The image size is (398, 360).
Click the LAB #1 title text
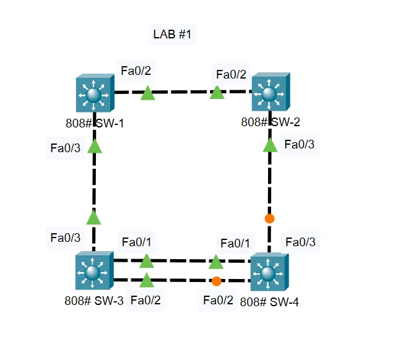click(x=175, y=35)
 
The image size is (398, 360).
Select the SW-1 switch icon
click(x=95, y=95)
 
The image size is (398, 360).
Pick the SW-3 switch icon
click(x=93, y=272)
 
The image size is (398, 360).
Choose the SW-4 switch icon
click(x=269, y=272)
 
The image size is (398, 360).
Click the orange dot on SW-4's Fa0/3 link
click(x=269, y=218)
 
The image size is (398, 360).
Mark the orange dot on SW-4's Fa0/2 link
click(x=216, y=281)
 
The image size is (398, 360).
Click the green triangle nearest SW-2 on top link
click(x=217, y=93)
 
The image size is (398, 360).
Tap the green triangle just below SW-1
click(x=94, y=146)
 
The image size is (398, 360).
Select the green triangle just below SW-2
click(x=270, y=145)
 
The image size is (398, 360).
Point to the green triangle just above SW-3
click(x=93, y=217)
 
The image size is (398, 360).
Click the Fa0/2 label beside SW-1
click(x=136, y=71)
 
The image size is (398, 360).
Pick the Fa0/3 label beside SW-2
click(x=299, y=145)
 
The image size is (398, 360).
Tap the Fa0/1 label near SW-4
click(x=235, y=242)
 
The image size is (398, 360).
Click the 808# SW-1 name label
click(x=94, y=123)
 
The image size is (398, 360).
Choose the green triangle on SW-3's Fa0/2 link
click(x=146, y=281)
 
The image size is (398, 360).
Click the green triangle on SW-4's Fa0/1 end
click(x=216, y=262)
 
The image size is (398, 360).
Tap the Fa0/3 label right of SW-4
click(x=300, y=242)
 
